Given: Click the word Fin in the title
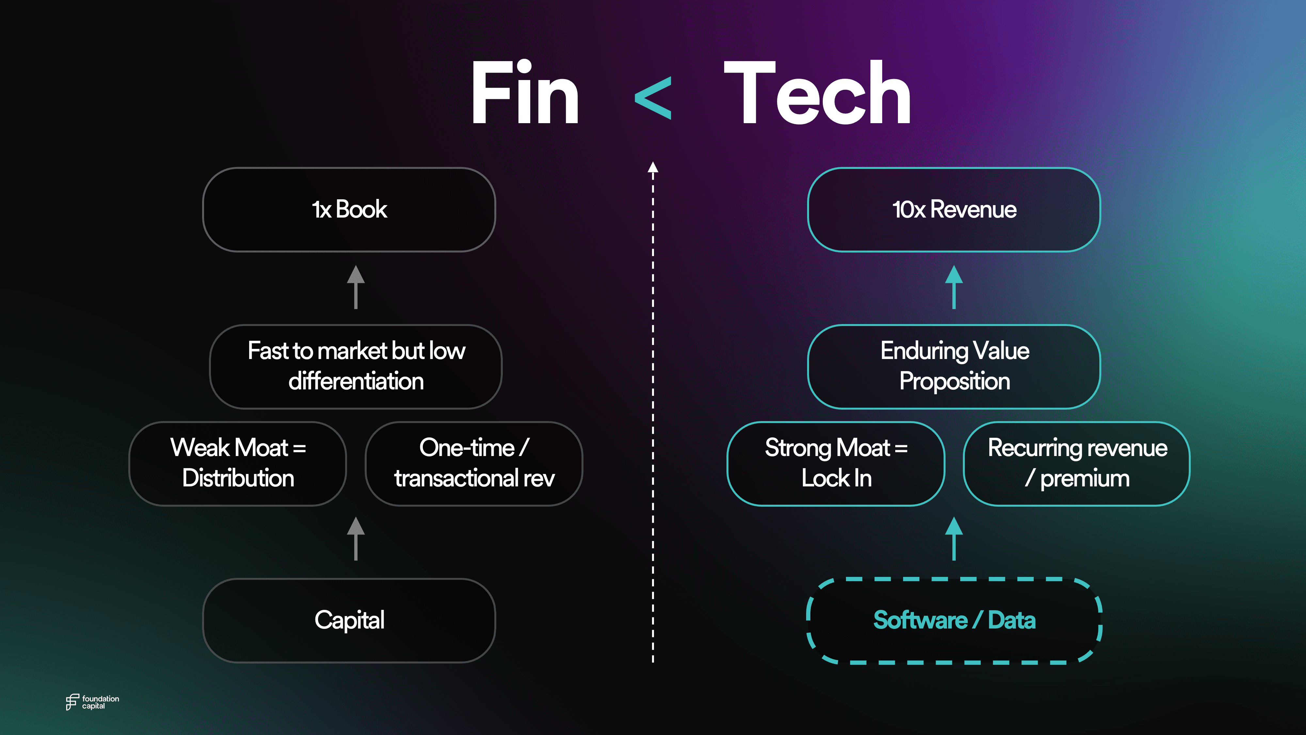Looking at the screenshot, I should pos(525,93).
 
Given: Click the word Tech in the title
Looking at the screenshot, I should pos(817,93).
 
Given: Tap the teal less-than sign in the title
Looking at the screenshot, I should pos(653,98).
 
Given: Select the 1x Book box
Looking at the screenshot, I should pos(349,209).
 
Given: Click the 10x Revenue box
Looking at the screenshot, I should pos(954,209).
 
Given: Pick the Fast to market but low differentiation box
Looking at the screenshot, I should pos(356,366).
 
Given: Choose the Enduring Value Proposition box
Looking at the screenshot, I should pos(954,366).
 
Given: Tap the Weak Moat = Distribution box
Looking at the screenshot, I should pos(238,463).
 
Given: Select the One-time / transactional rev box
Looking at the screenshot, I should pos(474,463).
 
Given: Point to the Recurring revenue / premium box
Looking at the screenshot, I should pos(1076,463).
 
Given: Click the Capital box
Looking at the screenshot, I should pos(349,620).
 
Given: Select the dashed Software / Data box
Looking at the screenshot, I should pos(954,620).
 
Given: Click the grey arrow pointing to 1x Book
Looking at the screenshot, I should pos(356,287).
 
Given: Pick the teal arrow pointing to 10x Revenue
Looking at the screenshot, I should pos(954,287).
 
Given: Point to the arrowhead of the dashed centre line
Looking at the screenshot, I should pos(653,167).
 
